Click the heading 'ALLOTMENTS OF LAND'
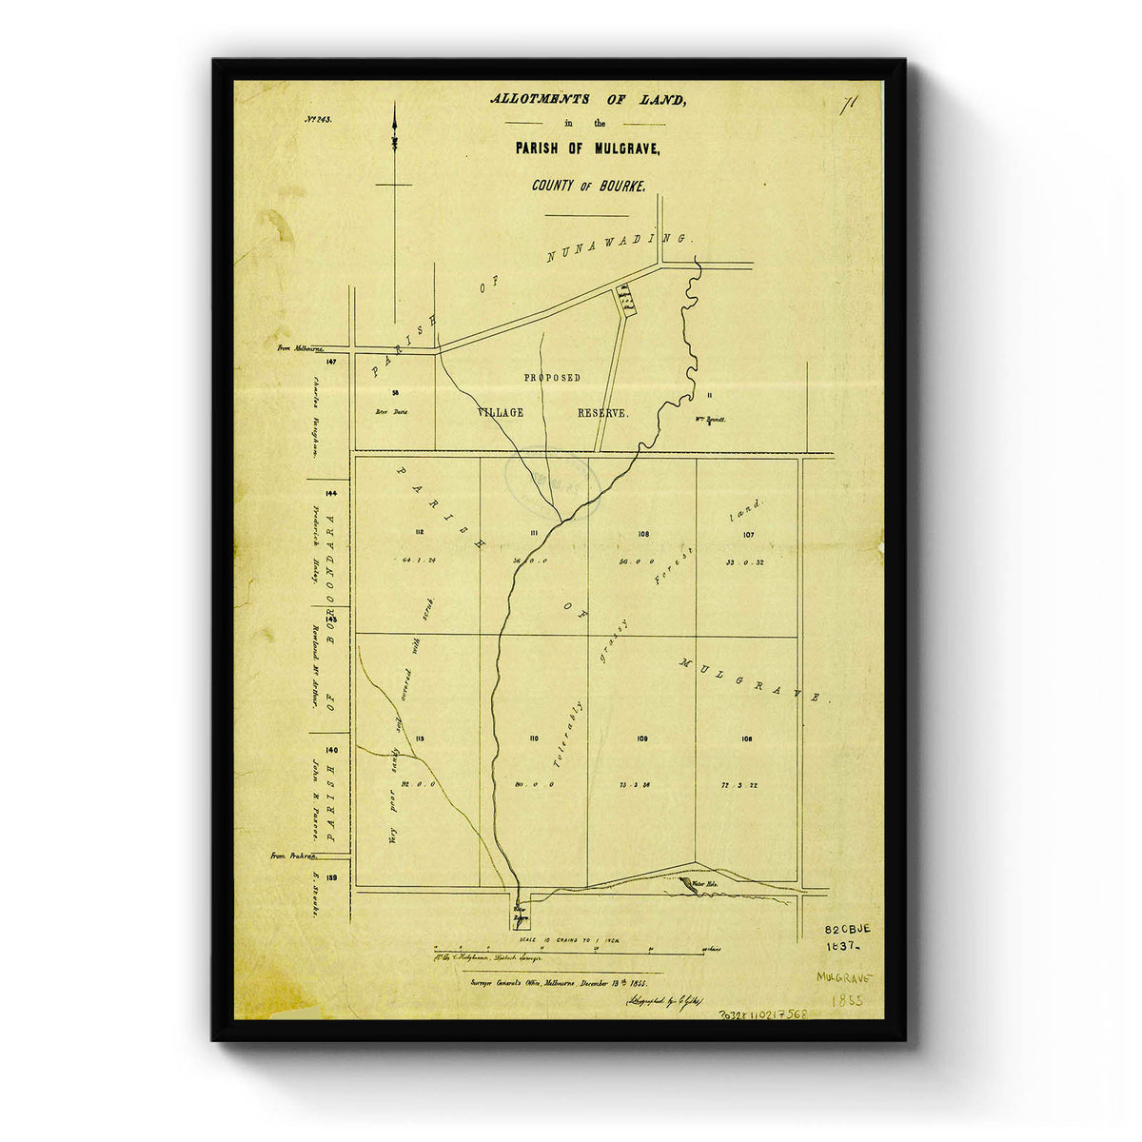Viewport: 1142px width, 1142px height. click(x=586, y=99)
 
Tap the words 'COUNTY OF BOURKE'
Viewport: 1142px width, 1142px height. click(x=588, y=186)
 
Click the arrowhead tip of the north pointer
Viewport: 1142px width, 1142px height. click(x=394, y=105)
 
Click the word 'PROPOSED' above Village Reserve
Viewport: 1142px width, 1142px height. click(x=552, y=378)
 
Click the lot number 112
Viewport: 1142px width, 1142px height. click(x=417, y=531)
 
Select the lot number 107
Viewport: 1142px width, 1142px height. click(x=748, y=534)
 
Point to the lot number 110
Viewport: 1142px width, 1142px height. click(x=533, y=738)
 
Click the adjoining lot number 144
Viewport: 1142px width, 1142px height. click(x=330, y=493)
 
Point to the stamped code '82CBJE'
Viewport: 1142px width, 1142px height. click(x=848, y=928)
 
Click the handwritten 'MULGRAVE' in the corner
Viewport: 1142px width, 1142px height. click(x=843, y=978)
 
